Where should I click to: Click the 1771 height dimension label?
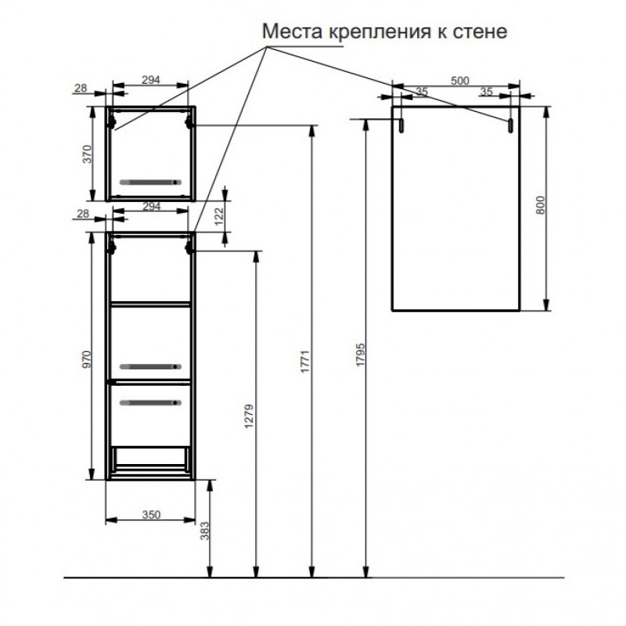(x=305, y=362)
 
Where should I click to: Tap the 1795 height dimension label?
(x=361, y=354)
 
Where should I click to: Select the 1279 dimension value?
(x=249, y=416)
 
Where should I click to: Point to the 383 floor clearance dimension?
(x=205, y=531)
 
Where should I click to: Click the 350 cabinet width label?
(x=151, y=515)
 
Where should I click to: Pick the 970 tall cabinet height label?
(x=87, y=359)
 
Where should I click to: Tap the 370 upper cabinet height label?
(x=87, y=154)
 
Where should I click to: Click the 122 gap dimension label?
(x=220, y=217)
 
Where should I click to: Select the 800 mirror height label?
(x=540, y=205)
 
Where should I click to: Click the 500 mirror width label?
(x=459, y=81)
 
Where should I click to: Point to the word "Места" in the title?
(x=292, y=31)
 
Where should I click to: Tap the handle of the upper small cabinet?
(x=150, y=182)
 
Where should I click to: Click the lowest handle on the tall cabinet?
(x=150, y=403)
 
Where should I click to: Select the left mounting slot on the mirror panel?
(x=401, y=125)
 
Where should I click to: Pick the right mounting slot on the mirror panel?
(x=510, y=125)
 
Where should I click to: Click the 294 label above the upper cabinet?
(x=151, y=80)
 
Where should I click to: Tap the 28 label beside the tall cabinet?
(x=83, y=214)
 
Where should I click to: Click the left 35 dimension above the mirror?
(x=422, y=92)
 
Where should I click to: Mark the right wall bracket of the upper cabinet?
(x=189, y=121)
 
